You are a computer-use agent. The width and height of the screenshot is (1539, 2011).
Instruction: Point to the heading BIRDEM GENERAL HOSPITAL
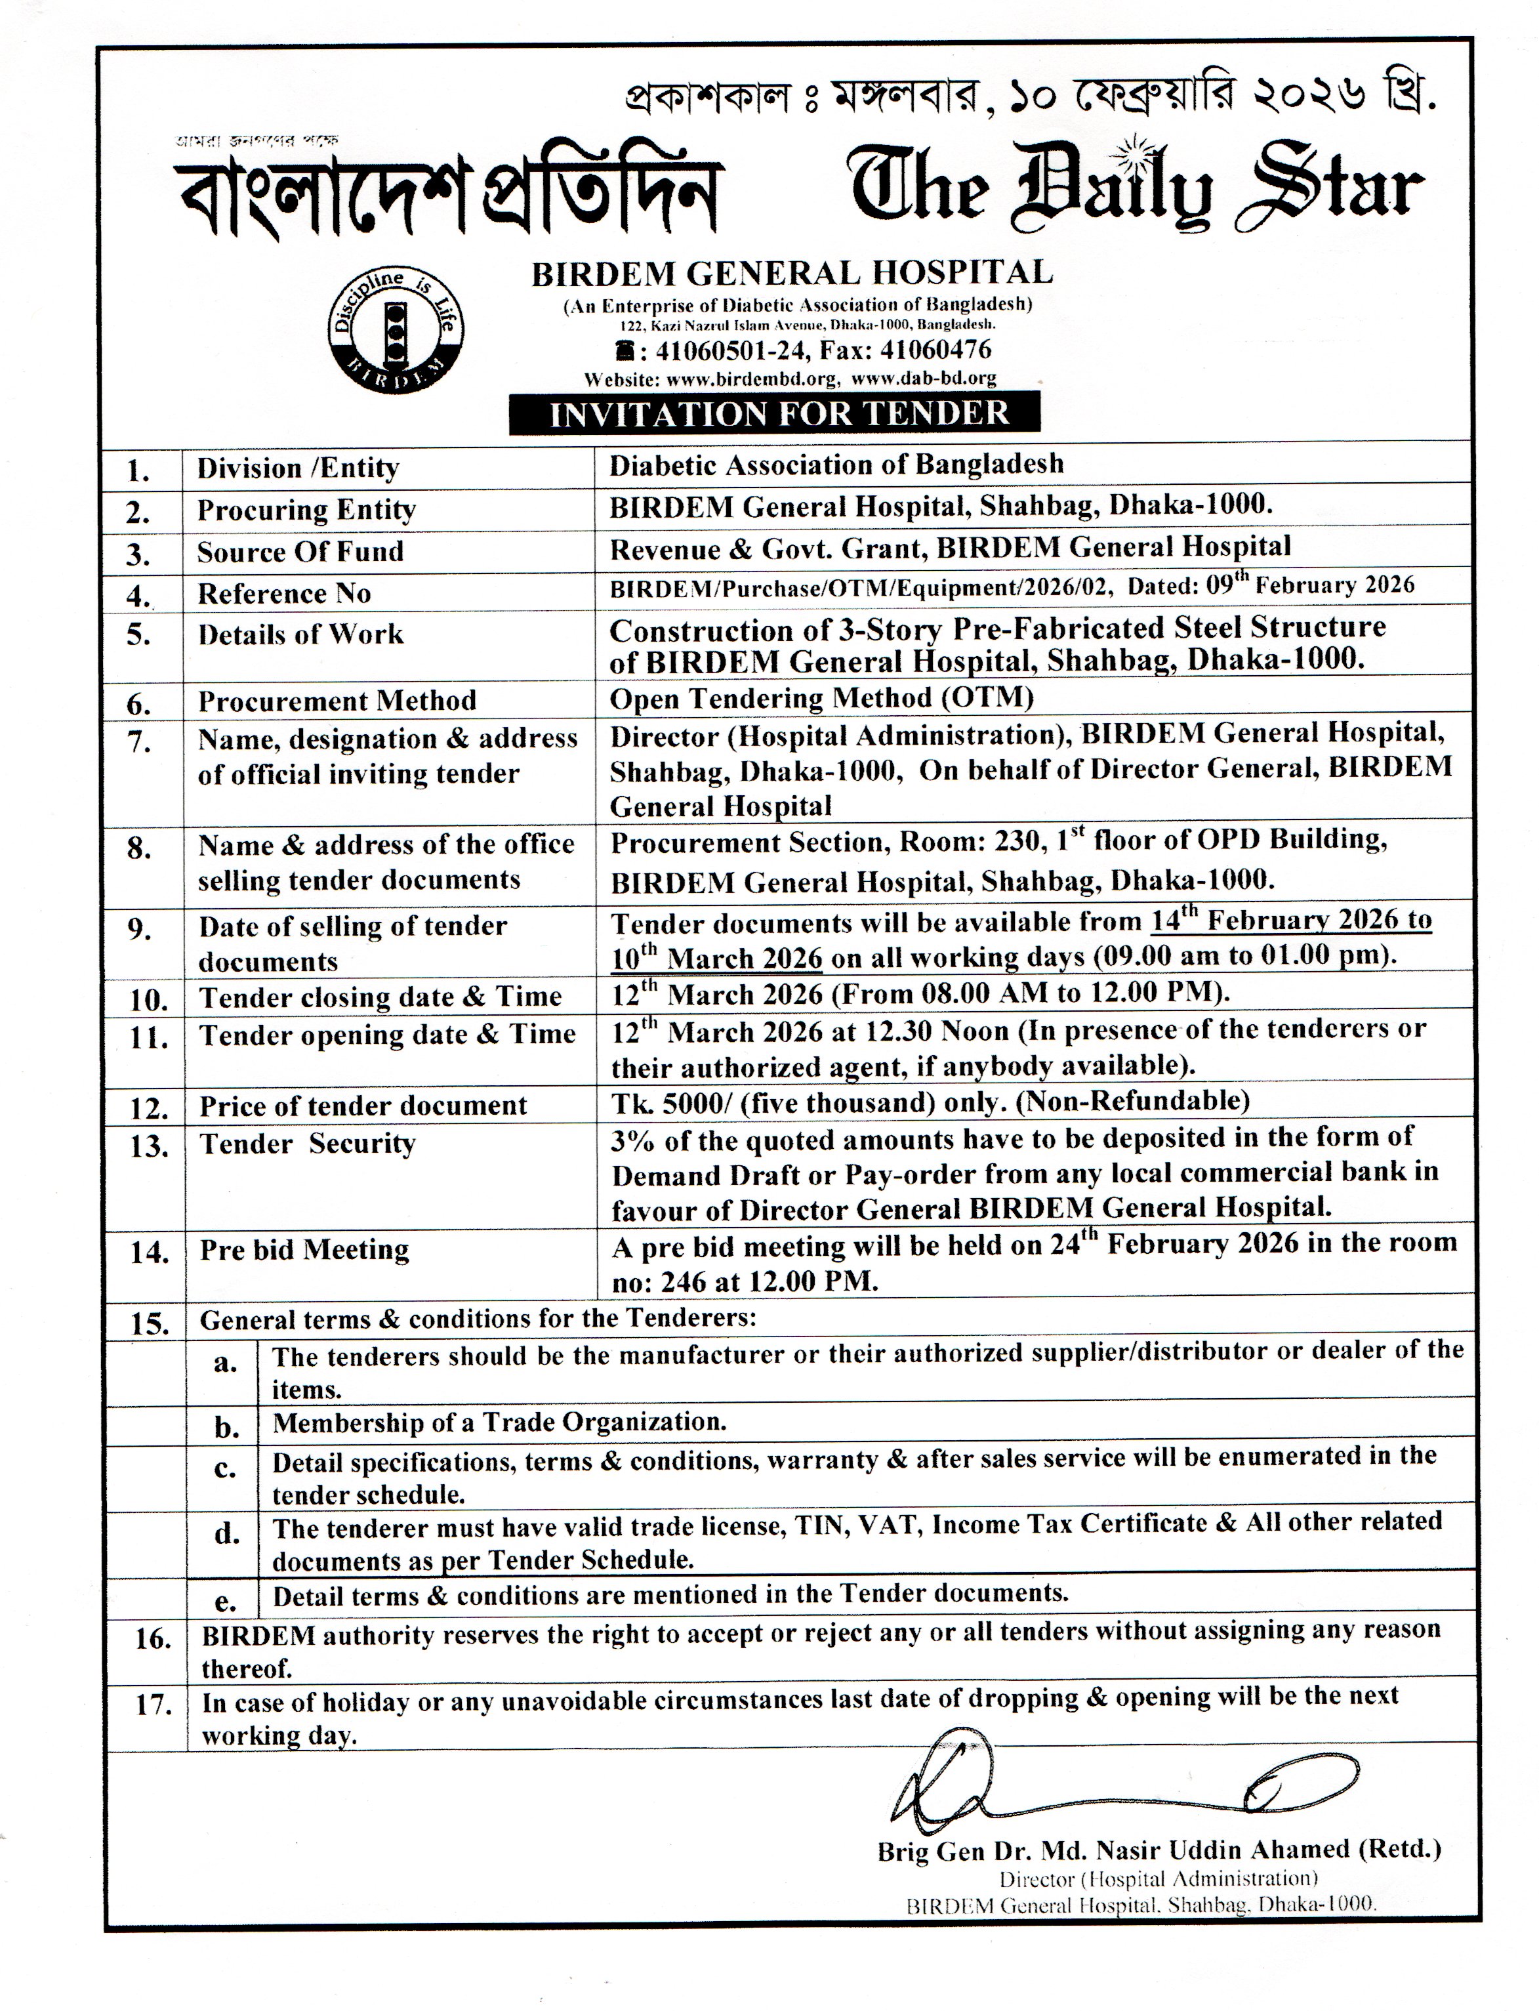(x=792, y=272)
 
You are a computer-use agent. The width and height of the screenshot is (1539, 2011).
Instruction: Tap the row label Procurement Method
(x=337, y=701)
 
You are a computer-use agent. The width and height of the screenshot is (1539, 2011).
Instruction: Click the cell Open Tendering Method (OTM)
(x=822, y=698)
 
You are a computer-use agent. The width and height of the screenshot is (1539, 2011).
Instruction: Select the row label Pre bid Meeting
(x=304, y=1250)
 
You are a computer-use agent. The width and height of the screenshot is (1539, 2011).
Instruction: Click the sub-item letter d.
(x=226, y=1533)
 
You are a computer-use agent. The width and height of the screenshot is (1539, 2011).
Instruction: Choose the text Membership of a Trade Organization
(x=499, y=1422)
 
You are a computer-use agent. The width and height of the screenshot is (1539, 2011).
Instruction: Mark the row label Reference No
(x=284, y=594)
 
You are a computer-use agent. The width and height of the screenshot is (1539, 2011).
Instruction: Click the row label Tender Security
(x=308, y=1144)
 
